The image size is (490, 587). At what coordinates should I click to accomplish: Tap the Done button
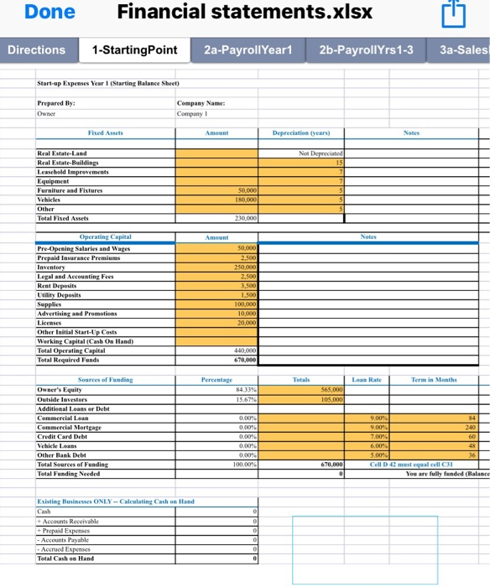point(50,13)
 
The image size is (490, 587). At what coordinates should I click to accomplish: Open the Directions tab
point(36,50)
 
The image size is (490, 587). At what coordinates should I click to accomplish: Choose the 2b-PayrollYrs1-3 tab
point(367,50)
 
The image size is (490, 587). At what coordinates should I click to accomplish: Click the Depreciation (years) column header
point(300,133)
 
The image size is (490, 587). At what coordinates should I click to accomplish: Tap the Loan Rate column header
point(366,380)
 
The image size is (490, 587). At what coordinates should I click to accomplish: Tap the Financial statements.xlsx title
point(245,13)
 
